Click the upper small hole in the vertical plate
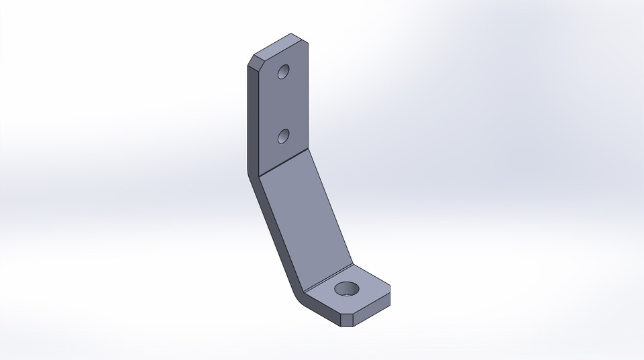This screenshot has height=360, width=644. tap(284, 72)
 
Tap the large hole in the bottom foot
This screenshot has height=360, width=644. tap(347, 290)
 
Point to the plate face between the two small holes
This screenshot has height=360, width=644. tap(284, 105)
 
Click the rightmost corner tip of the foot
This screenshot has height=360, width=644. tap(390, 293)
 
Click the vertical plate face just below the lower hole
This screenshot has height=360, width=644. tap(284, 153)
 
